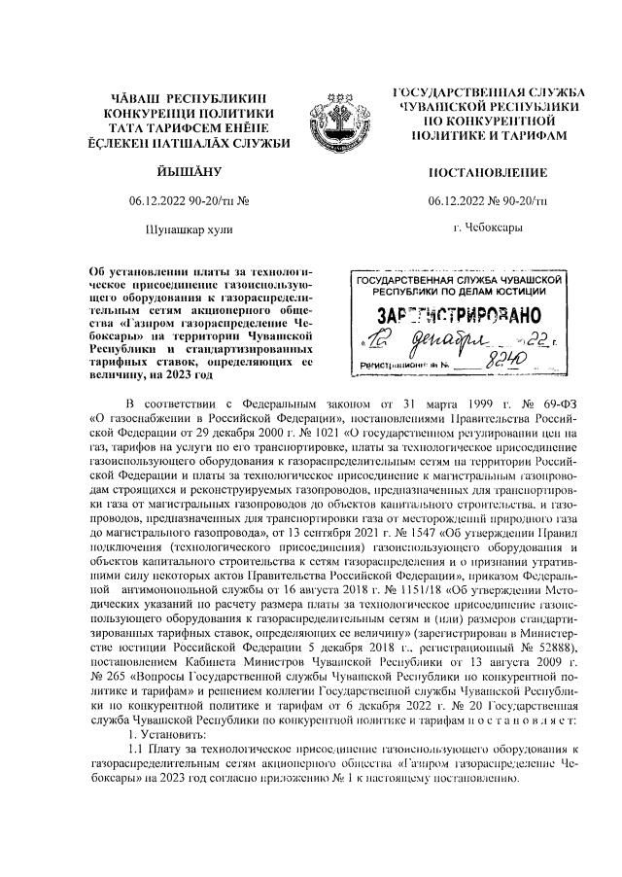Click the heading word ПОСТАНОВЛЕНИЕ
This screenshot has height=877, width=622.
point(487,173)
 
